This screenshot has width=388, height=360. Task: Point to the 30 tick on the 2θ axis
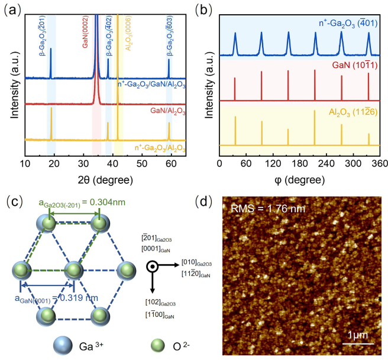(83, 162)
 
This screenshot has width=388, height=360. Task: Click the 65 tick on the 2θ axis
(185, 162)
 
